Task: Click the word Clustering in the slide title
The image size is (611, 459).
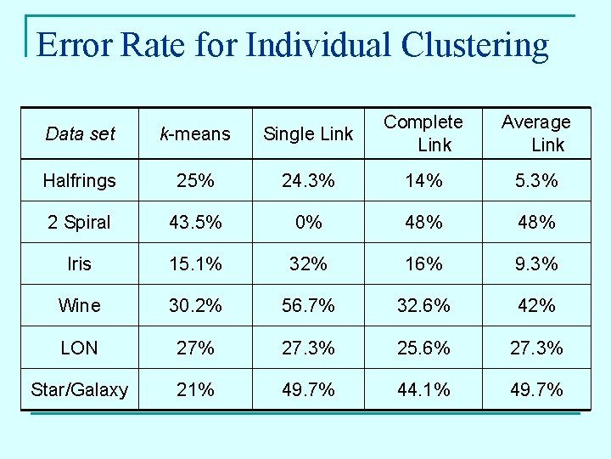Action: pyautogui.click(x=475, y=44)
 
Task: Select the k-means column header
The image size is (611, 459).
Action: pyautogui.click(x=196, y=133)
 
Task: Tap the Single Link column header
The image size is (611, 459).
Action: pyautogui.click(x=308, y=133)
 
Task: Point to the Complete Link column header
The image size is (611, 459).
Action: pyautogui.click(x=423, y=133)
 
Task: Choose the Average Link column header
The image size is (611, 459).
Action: pyautogui.click(x=536, y=133)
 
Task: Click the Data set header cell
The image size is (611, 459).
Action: pyautogui.click(x=80, y=133)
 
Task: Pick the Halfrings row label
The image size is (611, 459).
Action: pyautogui.click(x=79, y=180)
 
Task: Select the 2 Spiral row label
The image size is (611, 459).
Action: pyautogui.click(x=79, y=222)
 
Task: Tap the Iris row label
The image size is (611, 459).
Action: pyautogui.click(x=79, y=263)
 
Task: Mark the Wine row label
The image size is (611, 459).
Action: pyautogui.click(x=79, y=305)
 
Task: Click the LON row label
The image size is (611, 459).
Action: pyautogui.click(x=79, y=348)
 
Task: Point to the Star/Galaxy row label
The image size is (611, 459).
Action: pyautogui.click(x=79, y=389)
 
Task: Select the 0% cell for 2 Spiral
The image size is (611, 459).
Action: pyautogui.click(x=308, y=222)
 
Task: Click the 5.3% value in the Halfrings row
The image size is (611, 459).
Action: pyautogui.click(x=536, y=180)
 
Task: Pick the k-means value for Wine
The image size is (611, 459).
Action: pyautogui.click(x=196, y=305)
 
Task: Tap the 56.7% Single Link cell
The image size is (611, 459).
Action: pyautogui.click(x=308, y=305)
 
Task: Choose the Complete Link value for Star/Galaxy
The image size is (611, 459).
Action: pyautogui.click(x=423, y=389)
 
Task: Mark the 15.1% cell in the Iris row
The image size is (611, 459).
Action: pyautogui.click(x=196, y=263)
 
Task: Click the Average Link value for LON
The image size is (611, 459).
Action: pyautogui.click(x=536, y=348)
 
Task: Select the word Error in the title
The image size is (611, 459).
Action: pyautogui.click(x=75, y=44)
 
